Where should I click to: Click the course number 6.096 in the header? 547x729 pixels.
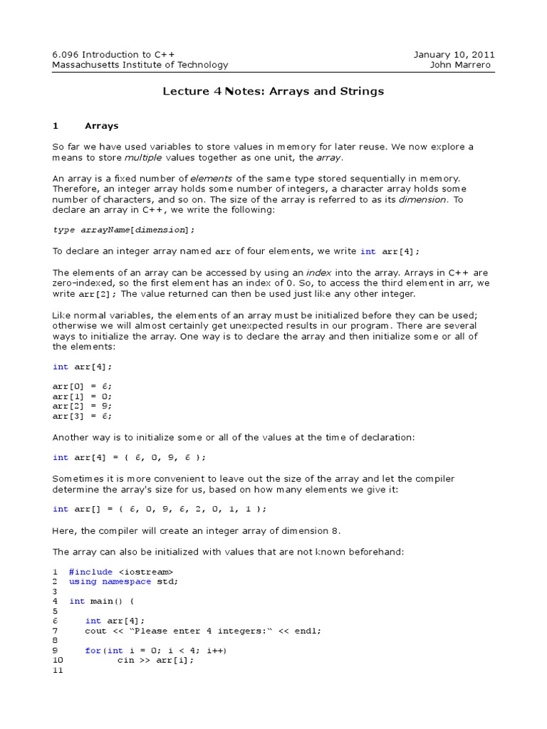66,55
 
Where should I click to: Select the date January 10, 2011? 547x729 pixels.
454,55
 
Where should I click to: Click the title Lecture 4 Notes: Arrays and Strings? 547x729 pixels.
273,91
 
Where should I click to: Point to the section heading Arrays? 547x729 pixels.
102,126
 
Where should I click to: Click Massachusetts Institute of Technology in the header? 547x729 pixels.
140,65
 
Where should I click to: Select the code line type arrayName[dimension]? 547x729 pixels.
123,230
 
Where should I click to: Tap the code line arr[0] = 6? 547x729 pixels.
82,385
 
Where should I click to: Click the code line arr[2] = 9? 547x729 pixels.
82,406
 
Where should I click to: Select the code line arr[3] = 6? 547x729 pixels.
82,416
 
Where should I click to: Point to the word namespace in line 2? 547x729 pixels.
126,582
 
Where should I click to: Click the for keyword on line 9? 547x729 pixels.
93,651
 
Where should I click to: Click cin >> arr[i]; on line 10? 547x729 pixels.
155,661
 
